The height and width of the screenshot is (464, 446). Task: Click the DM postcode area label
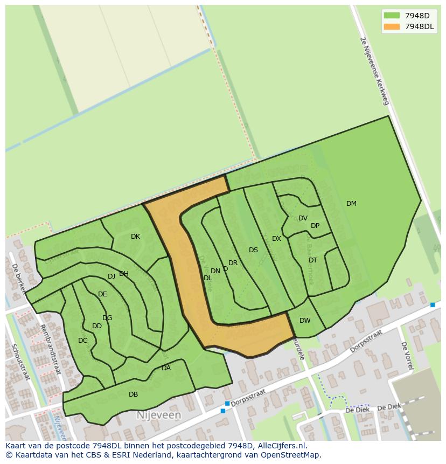pos(351,204)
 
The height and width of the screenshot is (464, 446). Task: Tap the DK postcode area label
pos(135,237)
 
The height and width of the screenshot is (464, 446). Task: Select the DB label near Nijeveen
pos(133,394)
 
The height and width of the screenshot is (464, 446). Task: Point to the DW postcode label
pos(305,321)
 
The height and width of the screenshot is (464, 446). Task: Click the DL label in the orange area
pos(207,278)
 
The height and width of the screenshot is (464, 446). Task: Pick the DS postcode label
pos(253,250)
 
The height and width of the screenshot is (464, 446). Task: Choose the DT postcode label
pos(313,260)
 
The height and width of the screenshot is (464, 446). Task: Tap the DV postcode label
pos(303,218)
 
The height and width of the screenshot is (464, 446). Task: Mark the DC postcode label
pos(82,341)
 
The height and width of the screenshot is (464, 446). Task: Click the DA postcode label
pos(166,368)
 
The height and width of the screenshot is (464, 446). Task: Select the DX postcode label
pos(276,239)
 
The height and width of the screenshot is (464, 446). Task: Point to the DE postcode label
pos(102,294)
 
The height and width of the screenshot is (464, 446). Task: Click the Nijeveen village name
pos(158,415)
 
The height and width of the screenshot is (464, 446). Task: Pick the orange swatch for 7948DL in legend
pos(392,26)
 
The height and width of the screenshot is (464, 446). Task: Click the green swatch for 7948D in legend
pos(392,16)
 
